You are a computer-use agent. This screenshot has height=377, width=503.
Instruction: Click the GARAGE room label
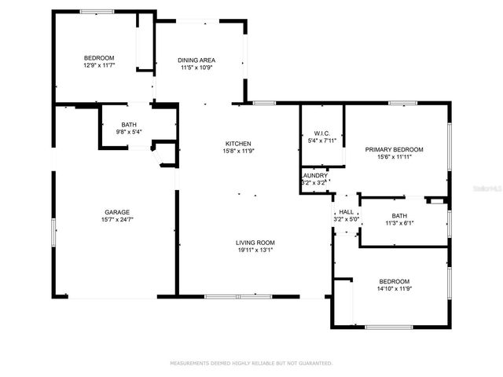(117, 212)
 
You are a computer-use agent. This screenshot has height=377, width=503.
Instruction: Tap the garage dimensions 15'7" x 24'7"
(117, 221)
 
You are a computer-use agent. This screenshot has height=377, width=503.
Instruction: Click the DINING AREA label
(196, 60)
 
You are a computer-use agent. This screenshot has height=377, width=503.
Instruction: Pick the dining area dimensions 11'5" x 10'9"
(196, 68)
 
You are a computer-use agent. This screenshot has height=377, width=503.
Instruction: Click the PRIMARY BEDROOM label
(394, 149)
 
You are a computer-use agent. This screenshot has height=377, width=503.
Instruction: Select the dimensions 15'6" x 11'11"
(394, 158)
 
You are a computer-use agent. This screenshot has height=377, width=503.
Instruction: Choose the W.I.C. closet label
(321, 132)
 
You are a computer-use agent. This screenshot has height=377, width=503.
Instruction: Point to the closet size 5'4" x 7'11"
(321, 141)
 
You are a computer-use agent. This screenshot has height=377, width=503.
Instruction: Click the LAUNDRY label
(314, 175)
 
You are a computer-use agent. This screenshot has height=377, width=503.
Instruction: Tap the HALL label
(346, 212)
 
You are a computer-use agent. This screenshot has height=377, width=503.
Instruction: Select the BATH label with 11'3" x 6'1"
(399, 216)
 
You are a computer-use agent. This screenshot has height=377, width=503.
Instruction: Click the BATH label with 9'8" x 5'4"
(129, 124)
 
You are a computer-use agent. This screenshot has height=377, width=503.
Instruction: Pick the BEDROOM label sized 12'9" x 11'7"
(100, 58)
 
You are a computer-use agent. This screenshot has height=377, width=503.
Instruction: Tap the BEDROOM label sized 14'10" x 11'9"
(394, 281)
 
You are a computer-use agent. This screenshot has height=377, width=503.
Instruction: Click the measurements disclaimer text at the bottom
(251, 364)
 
